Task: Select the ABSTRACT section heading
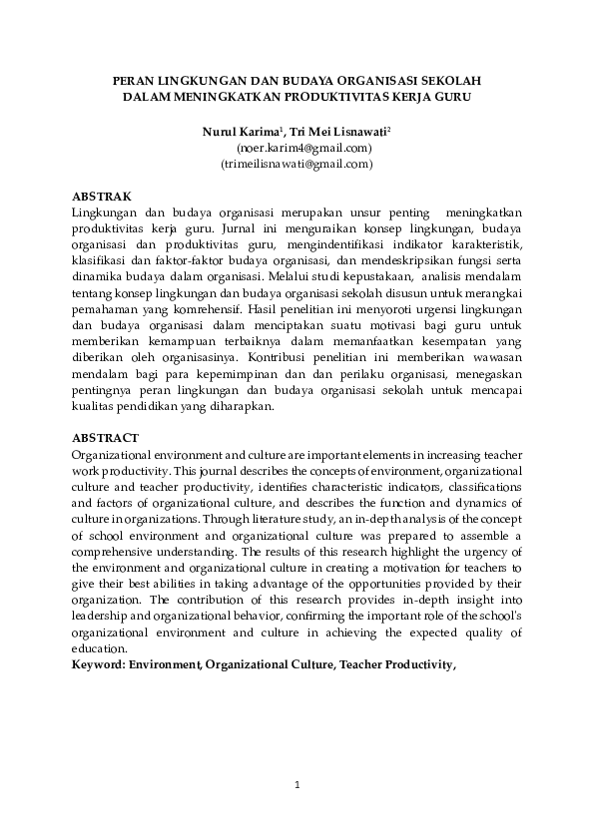click(106, 438)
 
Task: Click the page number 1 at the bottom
click(297, 786)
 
